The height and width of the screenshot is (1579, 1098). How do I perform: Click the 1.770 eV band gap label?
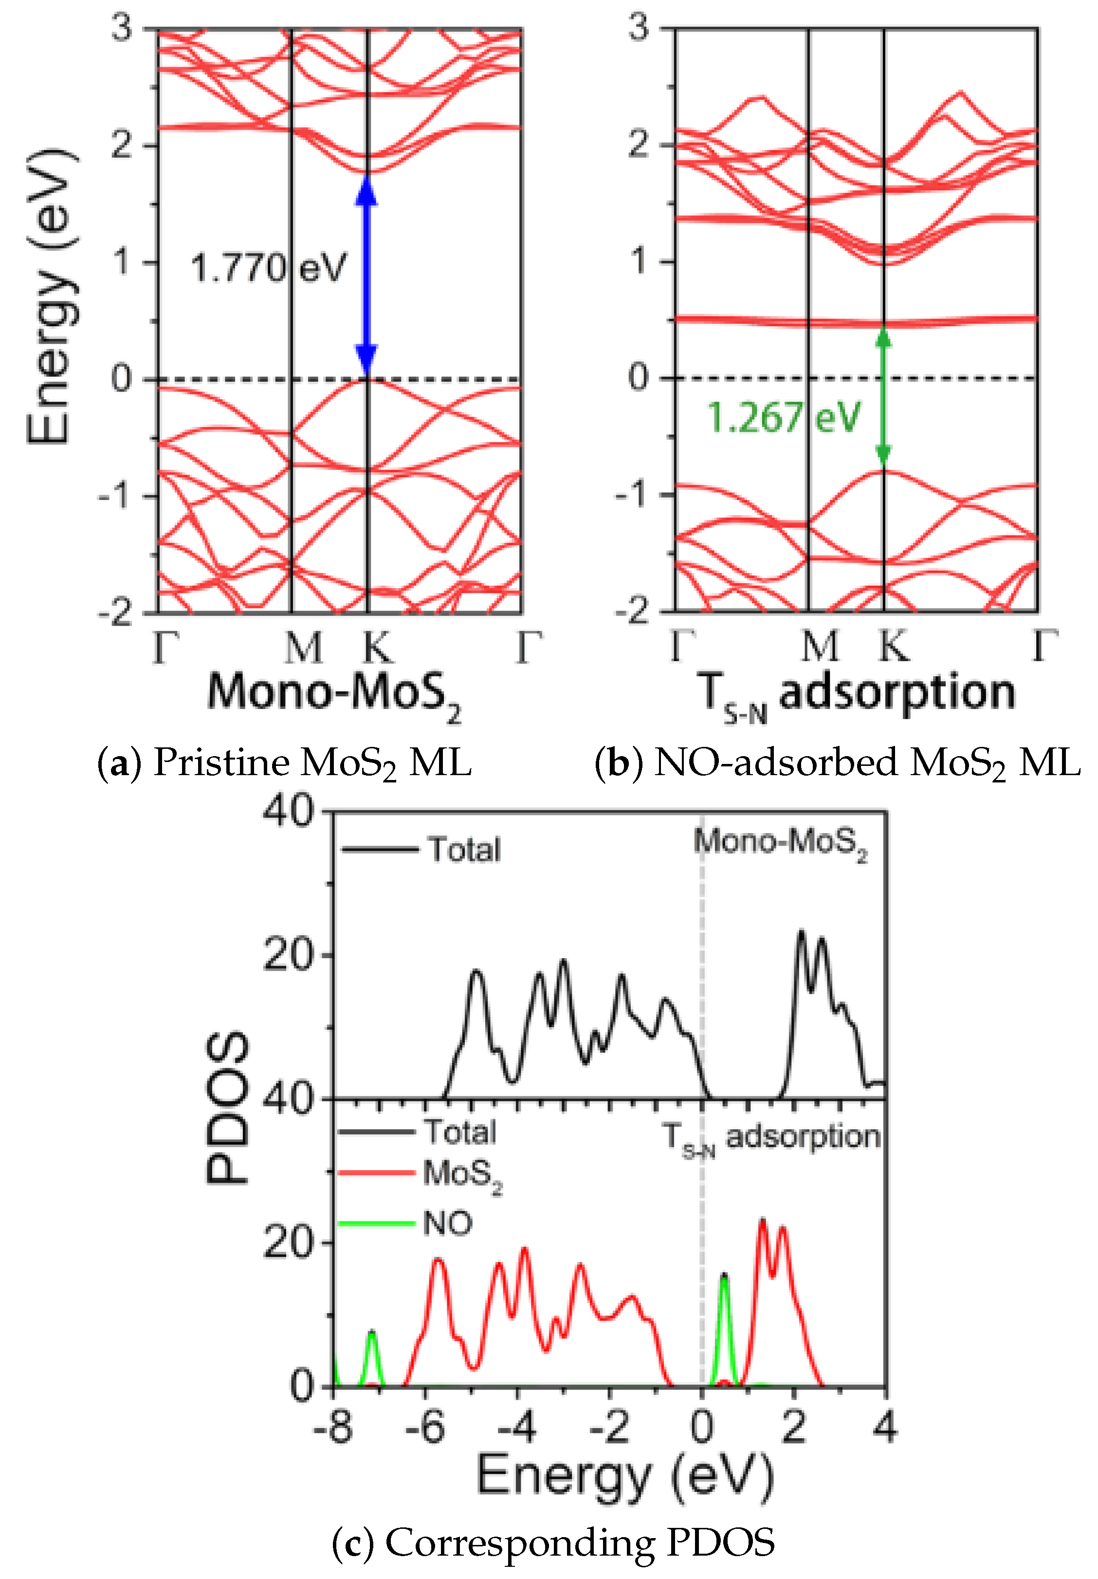coord(268,268)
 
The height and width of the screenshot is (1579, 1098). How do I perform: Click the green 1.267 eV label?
coord(783,417)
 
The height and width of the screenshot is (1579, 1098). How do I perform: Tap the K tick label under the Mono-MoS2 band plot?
coord(377,647)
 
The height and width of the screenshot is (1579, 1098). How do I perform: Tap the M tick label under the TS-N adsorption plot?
coord(820,647)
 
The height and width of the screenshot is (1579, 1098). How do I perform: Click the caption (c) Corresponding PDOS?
coord(553,1542)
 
